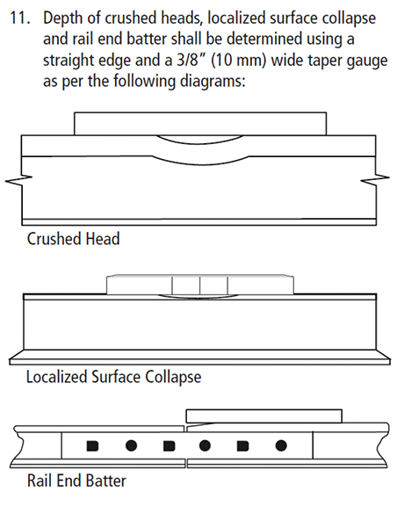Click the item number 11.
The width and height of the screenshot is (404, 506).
(x=20, y=18)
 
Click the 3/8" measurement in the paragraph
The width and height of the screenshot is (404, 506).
(x=191, y=61)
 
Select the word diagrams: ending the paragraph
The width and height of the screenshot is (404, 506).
(x=213, y=82)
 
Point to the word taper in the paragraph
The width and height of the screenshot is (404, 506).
(x=325, y=61)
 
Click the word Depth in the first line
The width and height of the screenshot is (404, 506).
(x=63, y=18)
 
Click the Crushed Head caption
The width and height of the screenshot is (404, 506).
(x=73, y=239)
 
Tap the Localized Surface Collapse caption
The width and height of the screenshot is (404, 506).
(x=113, y=377)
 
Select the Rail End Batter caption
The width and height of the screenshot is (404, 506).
(x=76, y=481)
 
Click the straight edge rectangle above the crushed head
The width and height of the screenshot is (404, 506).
(x=200, y=124)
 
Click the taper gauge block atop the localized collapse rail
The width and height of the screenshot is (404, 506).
(x=200, y=285)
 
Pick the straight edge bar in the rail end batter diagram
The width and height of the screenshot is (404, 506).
(x=264, y=416)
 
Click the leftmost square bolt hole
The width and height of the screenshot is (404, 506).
(x=92, y=446)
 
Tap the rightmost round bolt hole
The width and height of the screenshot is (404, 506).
(x=281, y=446)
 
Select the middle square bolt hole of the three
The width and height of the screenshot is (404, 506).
(x=170, y=446)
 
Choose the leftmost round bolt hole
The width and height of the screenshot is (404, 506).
(x=131, y=446)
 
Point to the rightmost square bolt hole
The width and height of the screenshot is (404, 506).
(x=242, y=446)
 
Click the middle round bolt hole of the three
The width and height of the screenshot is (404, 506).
(x=205, y=446)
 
